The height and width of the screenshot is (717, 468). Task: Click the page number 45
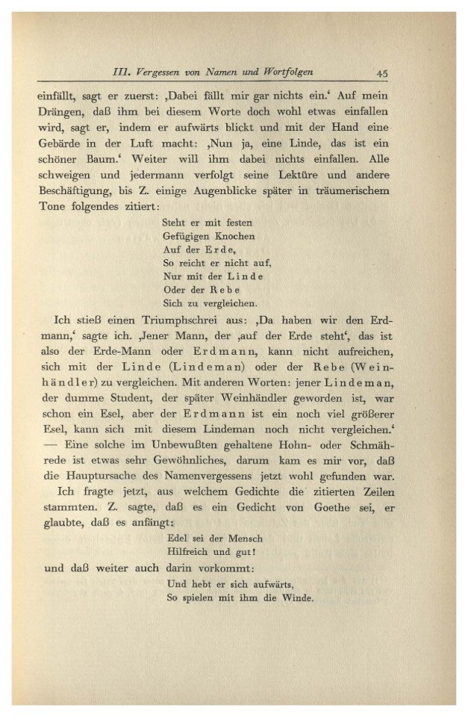[381, 72]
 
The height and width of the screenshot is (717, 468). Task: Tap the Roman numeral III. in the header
[122, 72]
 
